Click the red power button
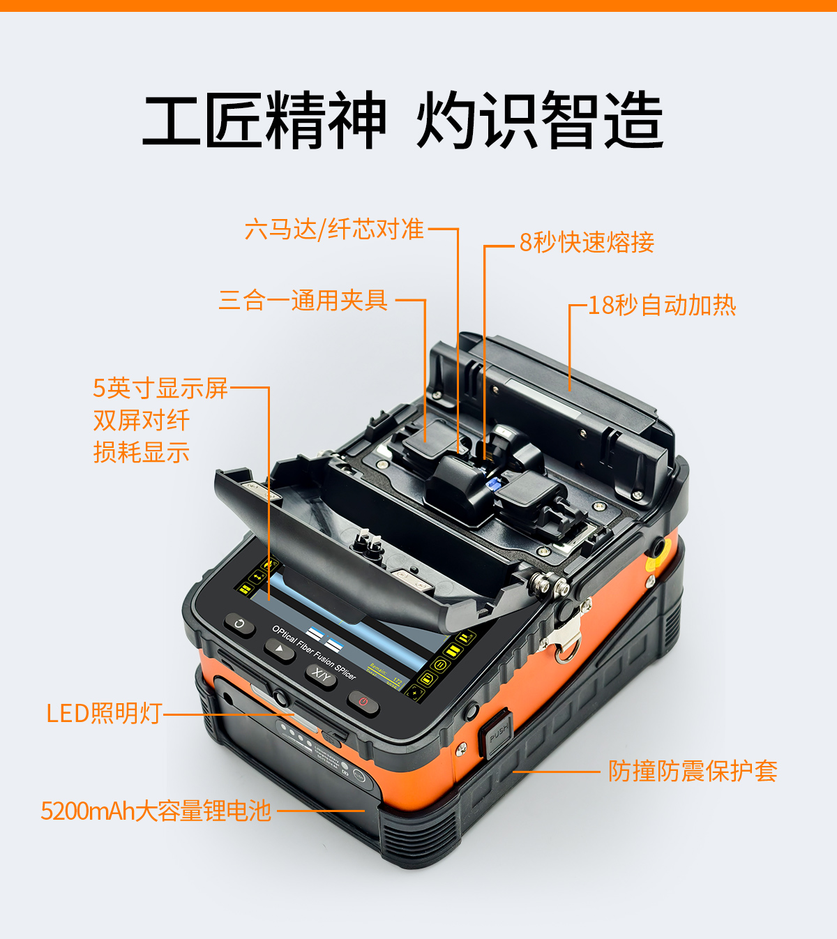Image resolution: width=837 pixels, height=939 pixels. click(x=363, y=703)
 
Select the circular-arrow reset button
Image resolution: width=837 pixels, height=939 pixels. click(x=239, y=624)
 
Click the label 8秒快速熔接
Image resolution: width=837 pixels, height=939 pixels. click(x=587, y=242)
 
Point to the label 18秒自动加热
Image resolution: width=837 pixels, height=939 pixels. click(x=663, y=305)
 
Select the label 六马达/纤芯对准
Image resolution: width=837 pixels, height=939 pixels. click(x=334, y=229)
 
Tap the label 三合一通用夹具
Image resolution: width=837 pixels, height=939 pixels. click(x=303, y=300)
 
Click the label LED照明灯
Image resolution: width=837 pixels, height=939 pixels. click(x=105, y=713)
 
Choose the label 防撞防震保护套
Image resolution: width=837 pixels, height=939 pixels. click(x=693, y=772)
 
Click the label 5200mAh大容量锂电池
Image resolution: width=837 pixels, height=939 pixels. click(x=156, y=811)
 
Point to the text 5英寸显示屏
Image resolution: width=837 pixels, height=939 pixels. click(x=160, y=388)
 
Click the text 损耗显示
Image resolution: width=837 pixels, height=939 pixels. click(x=142, y=452)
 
